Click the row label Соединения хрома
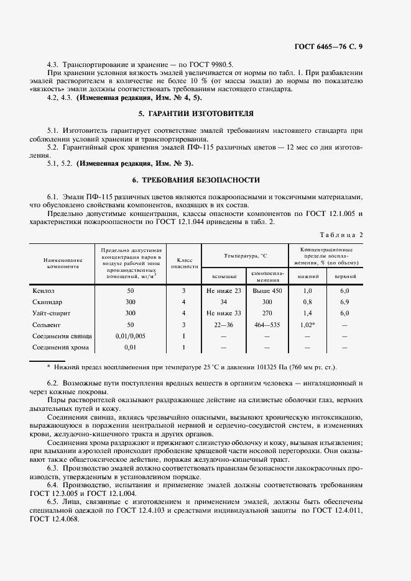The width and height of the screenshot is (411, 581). (60, 347)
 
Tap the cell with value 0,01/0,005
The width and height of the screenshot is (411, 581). (131, 336)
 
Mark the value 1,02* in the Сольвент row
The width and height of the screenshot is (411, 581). (307, 325)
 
